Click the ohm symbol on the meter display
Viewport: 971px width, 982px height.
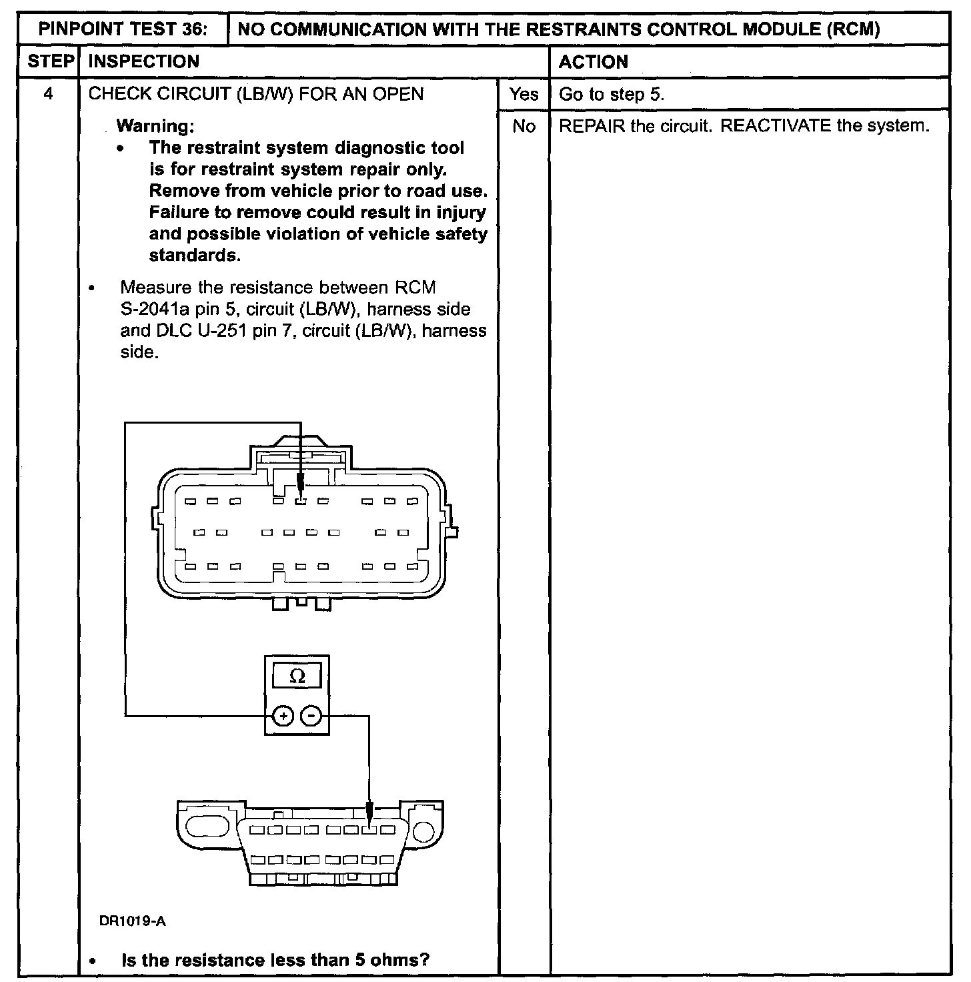[x=297, y=676]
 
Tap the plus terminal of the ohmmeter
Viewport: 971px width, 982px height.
[x=283, y=716]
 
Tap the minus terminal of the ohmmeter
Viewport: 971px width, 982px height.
[x=311, y=716]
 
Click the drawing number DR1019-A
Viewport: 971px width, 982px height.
[x=133, y=921]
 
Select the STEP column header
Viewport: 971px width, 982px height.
[x=50, y=61]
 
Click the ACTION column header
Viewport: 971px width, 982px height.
[x=594, y=62]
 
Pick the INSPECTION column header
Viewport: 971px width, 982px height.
[x=144, y=61]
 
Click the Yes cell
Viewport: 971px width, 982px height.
[x=524, y=94]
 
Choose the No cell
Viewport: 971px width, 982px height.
[x=524, y=126]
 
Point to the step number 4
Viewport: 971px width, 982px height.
[x=49, y=93]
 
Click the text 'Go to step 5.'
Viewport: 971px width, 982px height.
[x=612, y=94]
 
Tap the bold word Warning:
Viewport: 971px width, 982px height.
[x=155, y=126]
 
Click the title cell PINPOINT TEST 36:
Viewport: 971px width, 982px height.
[x=123, y=29]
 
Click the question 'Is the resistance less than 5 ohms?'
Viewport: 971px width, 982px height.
[x=275, y=960]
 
